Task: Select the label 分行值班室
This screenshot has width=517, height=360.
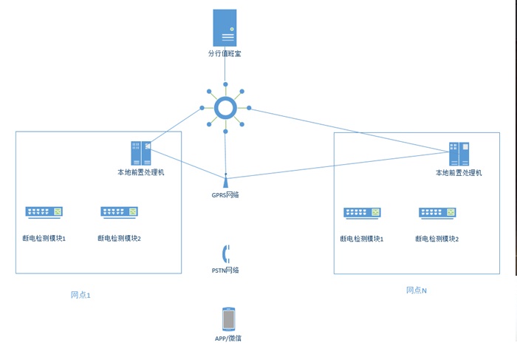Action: [225, 54]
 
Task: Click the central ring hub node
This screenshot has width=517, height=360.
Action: [225, 109]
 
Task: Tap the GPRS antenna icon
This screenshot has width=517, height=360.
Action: [225, 178]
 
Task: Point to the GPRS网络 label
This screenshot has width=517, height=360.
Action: [225, 195]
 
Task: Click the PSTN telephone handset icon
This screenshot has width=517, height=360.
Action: [225, 254]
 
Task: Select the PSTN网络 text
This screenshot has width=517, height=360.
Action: [225, 270]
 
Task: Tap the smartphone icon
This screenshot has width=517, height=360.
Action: [228, 319]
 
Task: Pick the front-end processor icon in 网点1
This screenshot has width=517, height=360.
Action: [140, 153]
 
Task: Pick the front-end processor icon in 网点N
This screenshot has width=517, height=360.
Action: [459, 154]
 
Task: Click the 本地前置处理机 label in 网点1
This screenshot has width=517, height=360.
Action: [140, 172]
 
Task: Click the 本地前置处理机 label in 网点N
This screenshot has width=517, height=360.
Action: [459, 173]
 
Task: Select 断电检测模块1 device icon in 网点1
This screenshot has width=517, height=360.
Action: [44, 212]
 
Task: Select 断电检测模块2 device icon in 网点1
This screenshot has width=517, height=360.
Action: [119, 212]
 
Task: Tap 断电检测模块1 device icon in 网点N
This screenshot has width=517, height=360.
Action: [362, 213]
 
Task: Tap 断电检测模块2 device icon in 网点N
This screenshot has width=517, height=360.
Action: [437, 213]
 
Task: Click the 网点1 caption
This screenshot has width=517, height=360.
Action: [81, 295]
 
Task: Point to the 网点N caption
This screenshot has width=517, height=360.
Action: [416, 291]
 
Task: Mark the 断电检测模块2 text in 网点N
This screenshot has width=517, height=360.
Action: [437, 239]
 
